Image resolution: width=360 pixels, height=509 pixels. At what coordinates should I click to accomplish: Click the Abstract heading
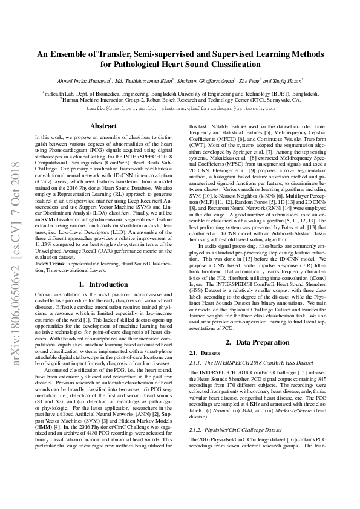[103, 126]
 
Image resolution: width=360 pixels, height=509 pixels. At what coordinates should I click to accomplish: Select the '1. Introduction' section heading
[103, 284]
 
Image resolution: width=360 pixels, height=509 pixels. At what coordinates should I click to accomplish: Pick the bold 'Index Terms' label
[50, 264]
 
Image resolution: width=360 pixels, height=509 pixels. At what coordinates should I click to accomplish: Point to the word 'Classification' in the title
[216, 63]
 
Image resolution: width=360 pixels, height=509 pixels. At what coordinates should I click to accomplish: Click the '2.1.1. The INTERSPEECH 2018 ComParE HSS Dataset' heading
[239, 363]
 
